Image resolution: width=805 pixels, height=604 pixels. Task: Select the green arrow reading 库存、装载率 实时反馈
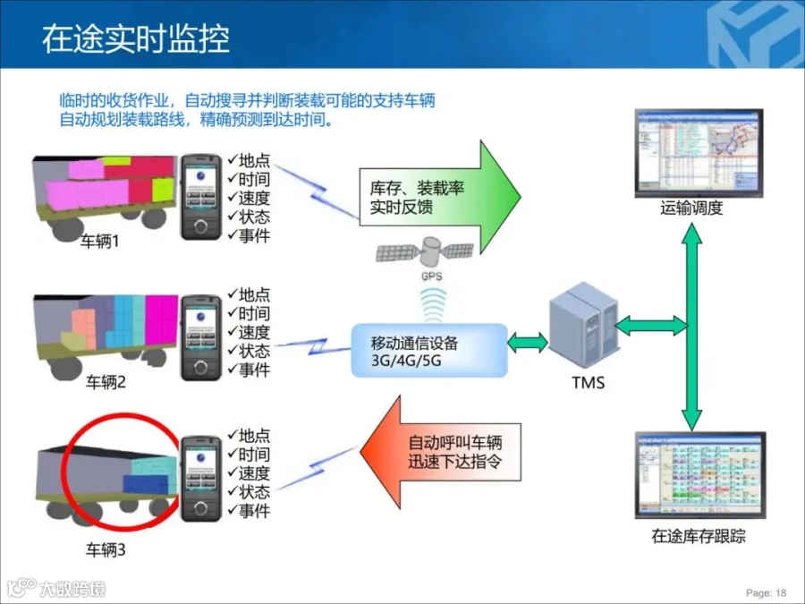click(438, 198)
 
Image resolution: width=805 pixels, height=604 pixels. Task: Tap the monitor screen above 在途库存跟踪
click(699, 474)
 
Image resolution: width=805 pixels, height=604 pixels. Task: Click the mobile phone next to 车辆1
click(201, 197)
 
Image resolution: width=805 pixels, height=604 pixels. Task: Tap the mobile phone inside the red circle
click(201, 475)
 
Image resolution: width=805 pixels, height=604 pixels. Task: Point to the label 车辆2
click(106, 383)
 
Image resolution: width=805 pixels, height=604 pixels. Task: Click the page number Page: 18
click(767, 592)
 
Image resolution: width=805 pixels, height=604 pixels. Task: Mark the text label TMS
click(588, 383)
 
